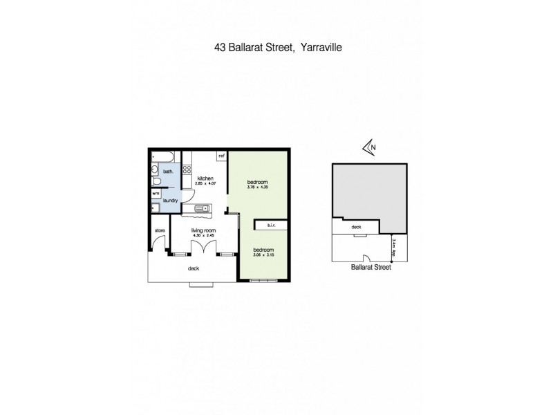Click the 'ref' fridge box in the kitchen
pyautogui.click(x=222, y=156)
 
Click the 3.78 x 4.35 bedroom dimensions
pyautogui.click(x=259, y=188)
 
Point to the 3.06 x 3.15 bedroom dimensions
pyautogui.click(x=263, y=255)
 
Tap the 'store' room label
pyautogui.click(x=158, y=230)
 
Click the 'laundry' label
pyautogui.click(x=171, y=201)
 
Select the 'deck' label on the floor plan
pyautogui.click(x=194, y=268)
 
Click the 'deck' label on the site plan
pyautogui.click(x=357, y=226)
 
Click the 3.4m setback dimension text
pyautogui.click(x=393, y=244)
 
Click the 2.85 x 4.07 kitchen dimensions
pyautogui.click(x=203, y=183)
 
